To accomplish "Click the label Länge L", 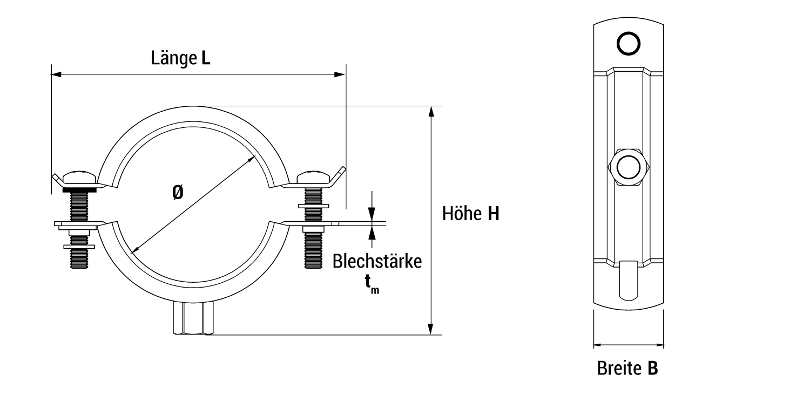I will point(180,58).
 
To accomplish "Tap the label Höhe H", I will point(470,214).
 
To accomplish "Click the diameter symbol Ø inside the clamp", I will point(178,193).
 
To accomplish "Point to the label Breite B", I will point(627,369).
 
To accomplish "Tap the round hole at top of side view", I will point(628,44).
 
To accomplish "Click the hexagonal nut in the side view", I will point(628,167).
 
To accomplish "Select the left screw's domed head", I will point(80,178).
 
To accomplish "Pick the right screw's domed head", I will point(313,177).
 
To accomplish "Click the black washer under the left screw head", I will point(80,190).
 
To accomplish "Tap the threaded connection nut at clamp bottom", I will point(193,319).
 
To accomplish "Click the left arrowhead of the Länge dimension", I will point(56,74).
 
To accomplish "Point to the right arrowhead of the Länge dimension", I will point(340,74).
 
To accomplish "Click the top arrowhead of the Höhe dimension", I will point(430,111).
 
